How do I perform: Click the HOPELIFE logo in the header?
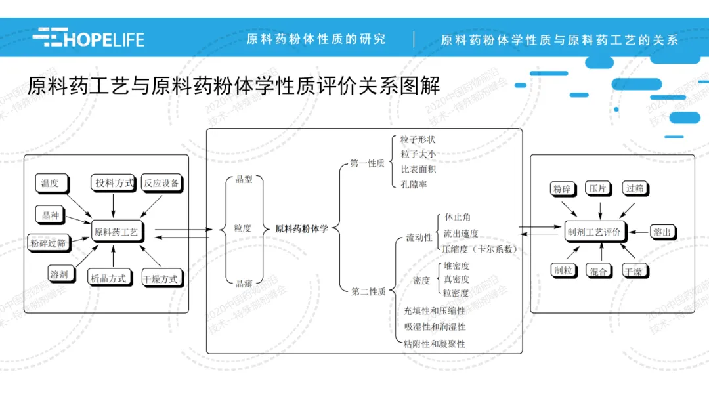point(88,38)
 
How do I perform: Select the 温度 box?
point(50,184)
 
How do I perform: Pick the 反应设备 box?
point(161,183)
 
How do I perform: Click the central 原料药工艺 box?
point(116,232)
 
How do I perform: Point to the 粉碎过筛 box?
point(49,243)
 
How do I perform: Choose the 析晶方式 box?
point(108,278)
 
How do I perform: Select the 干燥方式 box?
point(160,279)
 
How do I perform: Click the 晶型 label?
point(244,179)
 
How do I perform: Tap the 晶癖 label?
point(244,283)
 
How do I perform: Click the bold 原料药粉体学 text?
point(302,229)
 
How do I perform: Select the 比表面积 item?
point(418,169)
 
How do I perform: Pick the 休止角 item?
point(458,217)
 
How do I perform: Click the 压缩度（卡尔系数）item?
point(480,249)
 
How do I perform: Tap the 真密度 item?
point(456,280)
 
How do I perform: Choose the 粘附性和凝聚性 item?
point(435,343)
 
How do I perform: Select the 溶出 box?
point(662,232)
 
